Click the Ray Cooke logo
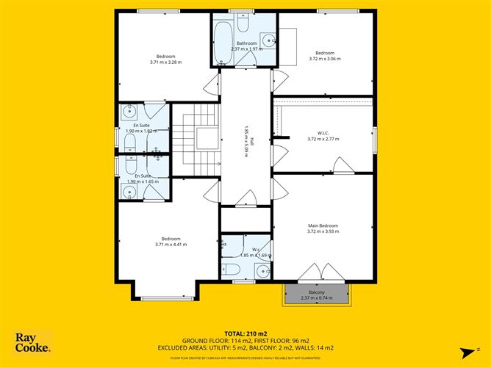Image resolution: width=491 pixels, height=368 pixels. coord(33,342)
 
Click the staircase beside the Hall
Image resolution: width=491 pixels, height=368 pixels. coord(196,140)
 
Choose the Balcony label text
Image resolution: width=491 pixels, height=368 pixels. coord(317,292)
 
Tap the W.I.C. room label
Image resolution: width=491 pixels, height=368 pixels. coord(322,133)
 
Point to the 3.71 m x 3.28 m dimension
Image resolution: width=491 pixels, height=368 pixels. coord(165,62)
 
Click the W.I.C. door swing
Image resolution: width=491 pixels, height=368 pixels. coord(341,165)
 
